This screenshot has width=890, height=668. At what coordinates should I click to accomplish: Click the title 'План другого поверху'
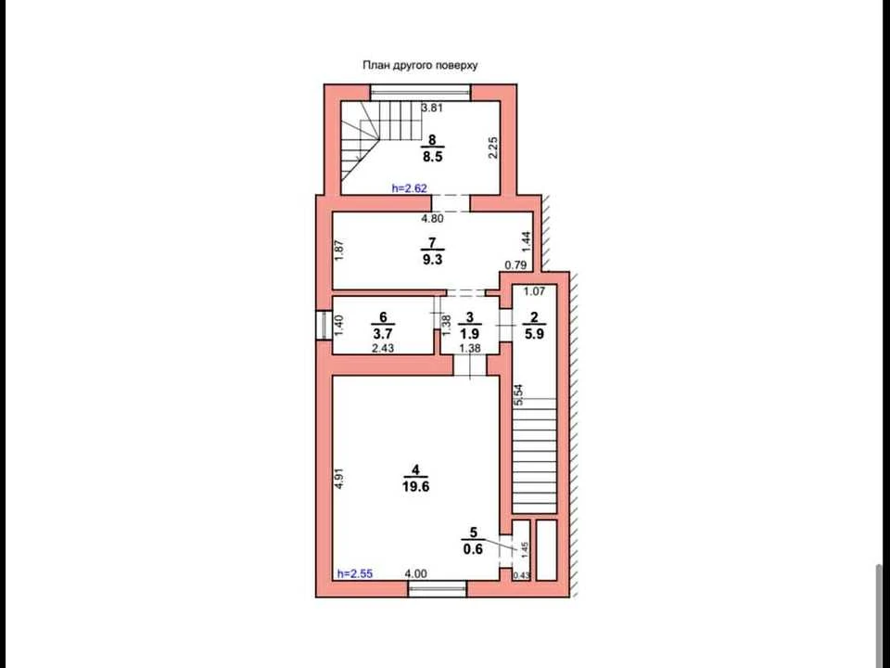pyautogui.click(x=420, y=65)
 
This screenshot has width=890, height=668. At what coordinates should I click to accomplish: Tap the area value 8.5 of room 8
pyautogui.click(x=433, y=157)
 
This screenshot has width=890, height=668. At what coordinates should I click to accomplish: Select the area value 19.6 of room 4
pyautogui.click(x=416, y=487)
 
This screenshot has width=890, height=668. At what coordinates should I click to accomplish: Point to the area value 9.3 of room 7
pyautogui.click(x=433, y=260)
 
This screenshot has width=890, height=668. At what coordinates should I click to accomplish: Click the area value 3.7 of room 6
pyautogui.click(x=383, y=334)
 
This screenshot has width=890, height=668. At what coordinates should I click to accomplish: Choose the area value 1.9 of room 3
pyautogui.click(x=470, y=334)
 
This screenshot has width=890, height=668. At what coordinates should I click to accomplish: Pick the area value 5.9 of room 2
pyautogui.click(x=534, y=334)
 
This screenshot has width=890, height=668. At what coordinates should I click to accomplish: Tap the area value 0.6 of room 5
pyautogui.click(x=473, y=549)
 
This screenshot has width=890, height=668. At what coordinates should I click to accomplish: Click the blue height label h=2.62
pyautogui.click(x=409, y=188)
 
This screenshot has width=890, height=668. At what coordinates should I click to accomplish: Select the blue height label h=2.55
pyautogui.click(x=355, y=573)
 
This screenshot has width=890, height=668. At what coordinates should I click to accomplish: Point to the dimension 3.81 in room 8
pyautogui.click(x=432, y=108)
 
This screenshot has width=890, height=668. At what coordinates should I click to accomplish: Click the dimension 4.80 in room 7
pyautogui.click(x=432, y=218)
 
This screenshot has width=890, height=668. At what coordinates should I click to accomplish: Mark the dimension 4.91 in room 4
pyautogui.click(x=339, y=478)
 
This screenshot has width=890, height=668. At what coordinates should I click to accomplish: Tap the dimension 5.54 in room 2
pyautogui.click(x=518, y=395)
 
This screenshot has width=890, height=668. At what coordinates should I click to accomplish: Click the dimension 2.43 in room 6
pyautogui.click(x=383, y=348)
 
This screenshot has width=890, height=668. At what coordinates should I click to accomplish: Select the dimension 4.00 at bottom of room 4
pyautogui.click(x=416, y=574)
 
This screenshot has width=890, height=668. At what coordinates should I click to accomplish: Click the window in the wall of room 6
pyautogui.click(x=324, y=325)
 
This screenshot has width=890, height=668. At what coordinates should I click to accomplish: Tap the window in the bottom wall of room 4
pyautogui.click(x=438, y=589)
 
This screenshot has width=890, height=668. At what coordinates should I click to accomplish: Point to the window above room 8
pyautogui.click(x=421, y=93)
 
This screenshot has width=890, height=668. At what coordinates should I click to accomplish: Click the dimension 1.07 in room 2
pyautogui.click(x=534, y=292)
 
